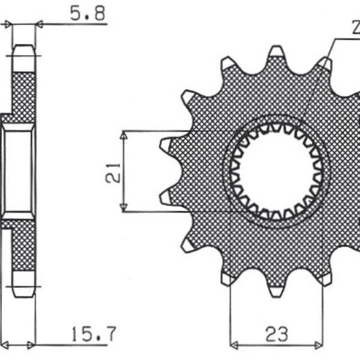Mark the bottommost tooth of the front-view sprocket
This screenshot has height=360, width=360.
pyautogui.click(x=277, y=290)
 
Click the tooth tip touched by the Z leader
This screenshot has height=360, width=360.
pyautogui.click(x=325, y=63)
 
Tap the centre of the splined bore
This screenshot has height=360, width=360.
pyautogui.click(x=277, y=172)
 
